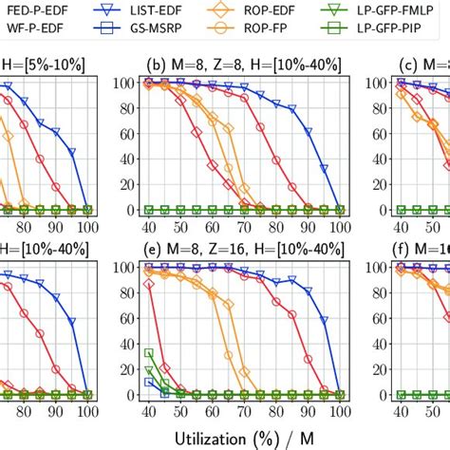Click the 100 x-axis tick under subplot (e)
(x=340, y=413)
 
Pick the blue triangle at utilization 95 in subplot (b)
(x=324, y=168)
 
